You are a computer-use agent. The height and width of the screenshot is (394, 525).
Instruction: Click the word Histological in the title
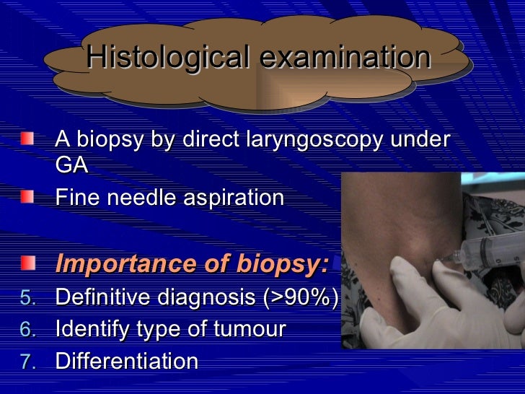click(165, 58)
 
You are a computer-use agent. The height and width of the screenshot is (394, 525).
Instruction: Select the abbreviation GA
click(71, 165)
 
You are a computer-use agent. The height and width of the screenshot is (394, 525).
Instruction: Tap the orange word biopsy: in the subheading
click(280, 264)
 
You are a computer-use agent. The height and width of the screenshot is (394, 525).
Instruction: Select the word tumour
click(250, 329)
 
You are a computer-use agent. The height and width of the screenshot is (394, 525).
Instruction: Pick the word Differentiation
click(127, 361)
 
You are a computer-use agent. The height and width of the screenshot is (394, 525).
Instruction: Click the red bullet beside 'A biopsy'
click(27, 138)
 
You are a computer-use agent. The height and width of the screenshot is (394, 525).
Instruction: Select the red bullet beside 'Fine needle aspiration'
click(27, 196)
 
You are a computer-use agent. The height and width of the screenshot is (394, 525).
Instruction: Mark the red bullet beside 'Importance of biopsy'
click(27, 263)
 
